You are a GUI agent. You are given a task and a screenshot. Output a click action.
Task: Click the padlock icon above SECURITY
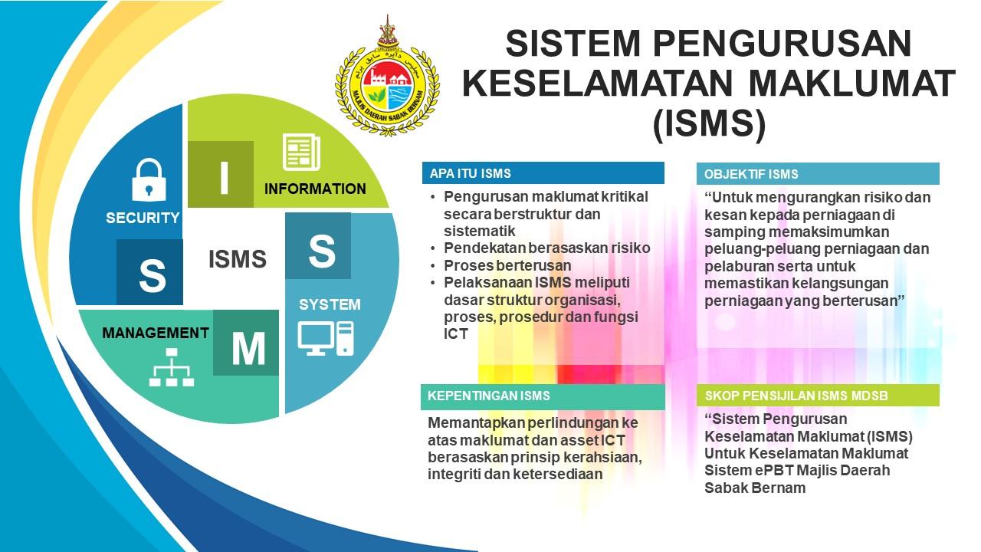coord(149,180)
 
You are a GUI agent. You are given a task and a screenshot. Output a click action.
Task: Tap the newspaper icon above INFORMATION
coord(301,152)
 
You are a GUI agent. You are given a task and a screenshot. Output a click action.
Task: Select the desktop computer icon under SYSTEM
coord(326,339)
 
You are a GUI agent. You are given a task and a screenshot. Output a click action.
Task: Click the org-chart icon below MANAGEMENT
coord(172,367)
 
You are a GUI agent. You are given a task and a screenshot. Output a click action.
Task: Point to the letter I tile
coord(221,174)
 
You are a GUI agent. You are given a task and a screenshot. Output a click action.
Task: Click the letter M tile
coord(246,343)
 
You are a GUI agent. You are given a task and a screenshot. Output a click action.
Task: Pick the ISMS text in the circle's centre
coord(238,259)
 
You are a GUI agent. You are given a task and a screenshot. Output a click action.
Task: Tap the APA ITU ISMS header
coord(543,173)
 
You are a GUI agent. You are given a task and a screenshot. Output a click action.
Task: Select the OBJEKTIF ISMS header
coord(818,174)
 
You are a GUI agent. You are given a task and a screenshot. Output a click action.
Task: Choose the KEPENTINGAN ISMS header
coord(543,396)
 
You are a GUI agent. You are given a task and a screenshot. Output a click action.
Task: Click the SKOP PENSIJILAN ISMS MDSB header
coord(818,396)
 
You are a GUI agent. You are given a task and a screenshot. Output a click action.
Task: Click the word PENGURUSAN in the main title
coord(783,44)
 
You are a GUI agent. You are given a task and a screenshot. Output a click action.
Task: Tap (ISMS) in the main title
coord(709,124)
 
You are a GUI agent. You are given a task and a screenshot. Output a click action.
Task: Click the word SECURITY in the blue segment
coord(143,218)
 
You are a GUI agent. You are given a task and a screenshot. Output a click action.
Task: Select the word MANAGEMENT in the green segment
coord(156,333)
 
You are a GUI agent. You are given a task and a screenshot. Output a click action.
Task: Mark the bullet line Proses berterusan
coord(507,265)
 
